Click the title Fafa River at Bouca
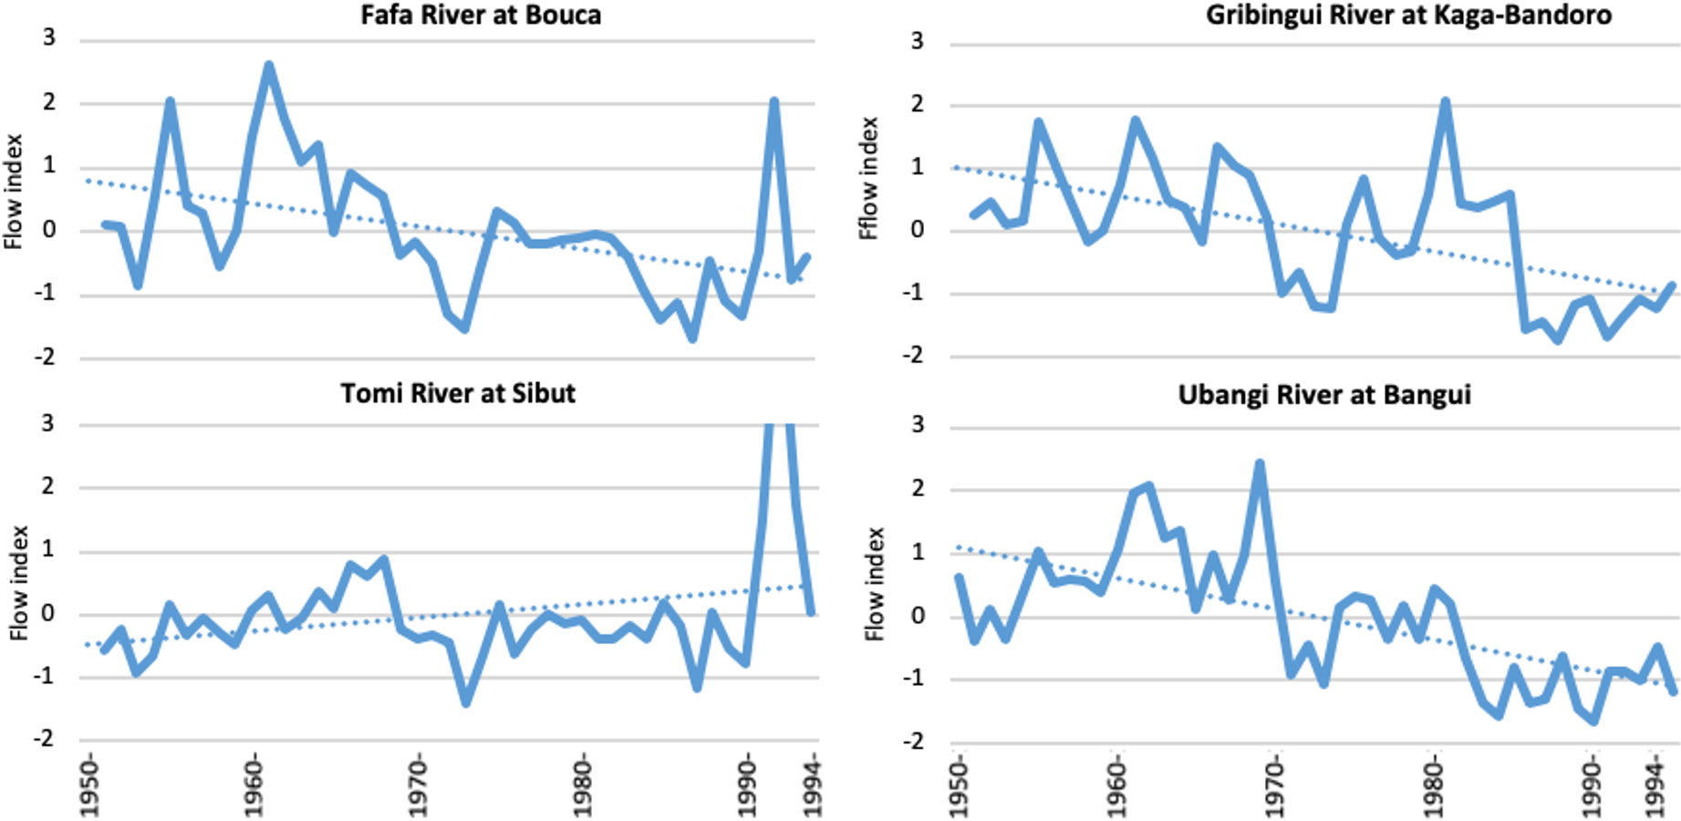click(x=481, y=16)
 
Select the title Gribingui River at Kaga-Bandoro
click(x=1408, y=16)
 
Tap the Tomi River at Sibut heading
click(x=458, y=393)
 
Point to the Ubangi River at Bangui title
click(x=1324, y=395)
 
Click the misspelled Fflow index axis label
click(x=868, y=179)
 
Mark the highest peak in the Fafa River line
click(x=269, y=66)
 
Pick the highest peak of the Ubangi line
click(x=1260, y=463)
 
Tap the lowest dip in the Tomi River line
click(x=466, y=702)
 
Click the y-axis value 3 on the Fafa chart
click(x=49, y=38)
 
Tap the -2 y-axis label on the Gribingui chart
click(x=912, y=356)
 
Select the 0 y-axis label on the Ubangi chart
click(x=918, y=616)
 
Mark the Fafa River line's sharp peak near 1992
click(x=773, y=101)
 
